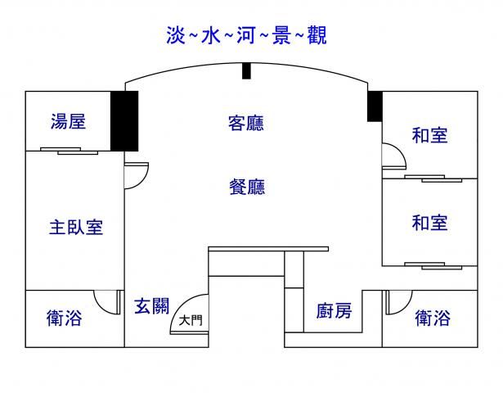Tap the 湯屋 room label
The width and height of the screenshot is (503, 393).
coord(68,123)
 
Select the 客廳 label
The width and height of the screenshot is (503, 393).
coord(246,124)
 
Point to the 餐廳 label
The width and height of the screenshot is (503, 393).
coord(246,187)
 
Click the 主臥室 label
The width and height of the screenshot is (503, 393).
coord(76,227)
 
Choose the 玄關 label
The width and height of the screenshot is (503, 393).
coord(151,307)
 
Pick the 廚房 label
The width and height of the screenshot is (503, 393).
coord(334,311)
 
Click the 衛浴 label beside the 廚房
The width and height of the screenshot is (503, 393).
coord(432,318)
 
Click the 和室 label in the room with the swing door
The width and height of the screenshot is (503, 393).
coord(429,135)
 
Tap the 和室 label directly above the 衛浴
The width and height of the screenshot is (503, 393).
coord(429,223)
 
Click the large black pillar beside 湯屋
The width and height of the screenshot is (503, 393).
coord(124,121)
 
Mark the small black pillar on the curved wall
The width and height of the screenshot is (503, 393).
coord(246,71)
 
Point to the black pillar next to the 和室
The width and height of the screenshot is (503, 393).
coord(375,106)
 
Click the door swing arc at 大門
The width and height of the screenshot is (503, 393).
coord(186,310)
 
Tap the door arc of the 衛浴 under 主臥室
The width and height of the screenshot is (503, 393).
coord(105,301)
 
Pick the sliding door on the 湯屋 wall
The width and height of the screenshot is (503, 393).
coord(69,151)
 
